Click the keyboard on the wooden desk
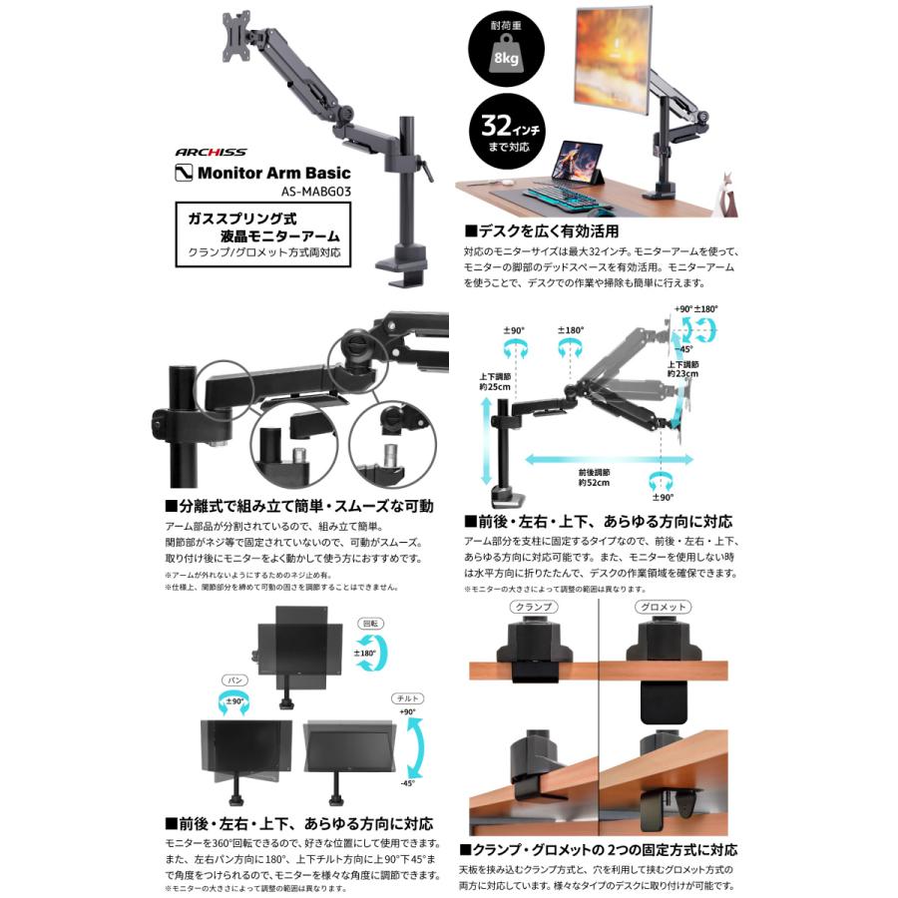[566, 196]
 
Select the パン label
[235, 678]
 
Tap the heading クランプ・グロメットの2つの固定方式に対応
[599, 850]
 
